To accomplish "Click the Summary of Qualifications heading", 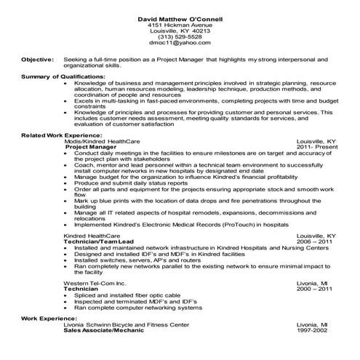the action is coord(63,76).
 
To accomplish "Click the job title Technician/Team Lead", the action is coord(99,242).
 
